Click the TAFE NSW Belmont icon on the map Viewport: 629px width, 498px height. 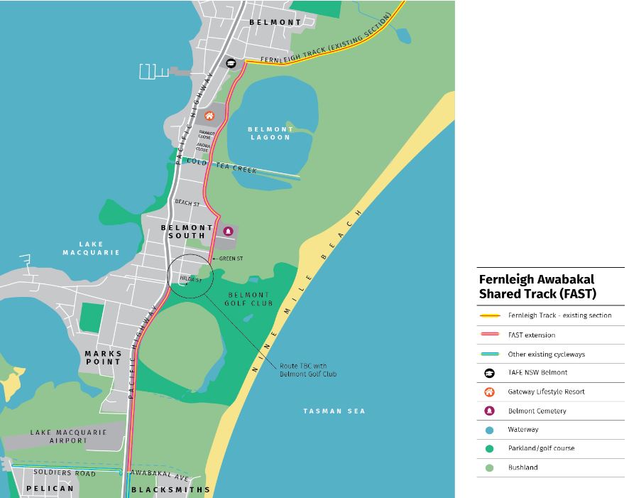pyautogui.click(x=231, y=63)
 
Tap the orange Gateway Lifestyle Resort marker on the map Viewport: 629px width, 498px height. pyautogui.click(x=209, y=116)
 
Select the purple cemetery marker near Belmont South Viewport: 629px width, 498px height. pyautogui.click(x=228, y=231)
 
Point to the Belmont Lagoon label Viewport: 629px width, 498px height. pyautogui.click(x=270, y=133)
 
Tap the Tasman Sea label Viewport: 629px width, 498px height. pyautogui.click(x=334, y=411)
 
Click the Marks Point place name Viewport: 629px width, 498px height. pyautogui.click(x=103, y=357)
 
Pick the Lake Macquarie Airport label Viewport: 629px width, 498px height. pyautogui.click(x=68, y=436)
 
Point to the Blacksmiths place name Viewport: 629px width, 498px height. pyautogui.click(x=171, y=489)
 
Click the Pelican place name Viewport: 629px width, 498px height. pyautogui.click(x=50, y=489)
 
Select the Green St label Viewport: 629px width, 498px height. pyautogui.click(x=231, y=259)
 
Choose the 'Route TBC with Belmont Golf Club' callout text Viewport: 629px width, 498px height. pyautogui.click(x=308, y=370)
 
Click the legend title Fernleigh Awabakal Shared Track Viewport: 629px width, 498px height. pyautogui.click(x=537, y=286)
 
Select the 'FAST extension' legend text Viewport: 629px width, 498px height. pyautogui.click(x=532, y=335)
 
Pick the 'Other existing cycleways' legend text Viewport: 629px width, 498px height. pyautogui.click(x=546, y=354)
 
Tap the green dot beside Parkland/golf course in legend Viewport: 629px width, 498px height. pyautogui.click(x=489, y=448)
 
